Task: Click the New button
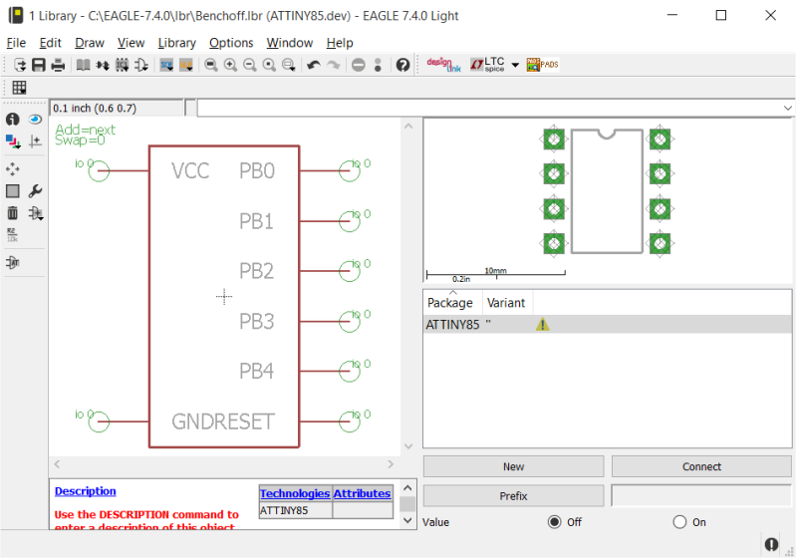click(513, 466)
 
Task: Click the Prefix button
click(513, 495)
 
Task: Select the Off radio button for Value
click(555, 521)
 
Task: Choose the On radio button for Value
click(680, 521)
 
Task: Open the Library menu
click(176, 43)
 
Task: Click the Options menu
click(231, 43)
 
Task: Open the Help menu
click(339, 43)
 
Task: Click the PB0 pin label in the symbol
click(256, 170)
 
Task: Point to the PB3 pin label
click(256, 321)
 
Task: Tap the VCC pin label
click(190, 170)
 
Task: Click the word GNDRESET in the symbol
click(222, 421)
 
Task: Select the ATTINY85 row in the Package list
click(452, 325)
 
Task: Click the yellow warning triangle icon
click(542, 325)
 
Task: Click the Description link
click(85, 491)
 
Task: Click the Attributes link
click(362, 493)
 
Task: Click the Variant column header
click(506, 303)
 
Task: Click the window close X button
click(770, 15)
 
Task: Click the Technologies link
click(294, 493)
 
